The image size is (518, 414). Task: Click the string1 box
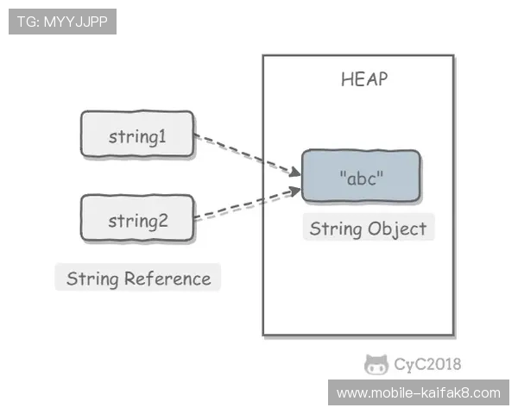click(137, 135)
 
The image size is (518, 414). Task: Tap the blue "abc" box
click(361, 177)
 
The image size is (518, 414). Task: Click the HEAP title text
click(364, 80)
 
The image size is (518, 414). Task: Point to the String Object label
click(368, 229)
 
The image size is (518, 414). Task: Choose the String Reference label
click(138, 279)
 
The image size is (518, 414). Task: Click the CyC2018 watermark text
click(426, 365)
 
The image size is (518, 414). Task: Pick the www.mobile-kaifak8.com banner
click(418, 393)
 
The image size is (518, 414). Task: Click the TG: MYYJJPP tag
click(62, 22)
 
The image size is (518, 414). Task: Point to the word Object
click(397, 229)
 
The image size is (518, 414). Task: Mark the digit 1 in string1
click(161, 136)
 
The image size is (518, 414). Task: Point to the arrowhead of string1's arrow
click(295, 172)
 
